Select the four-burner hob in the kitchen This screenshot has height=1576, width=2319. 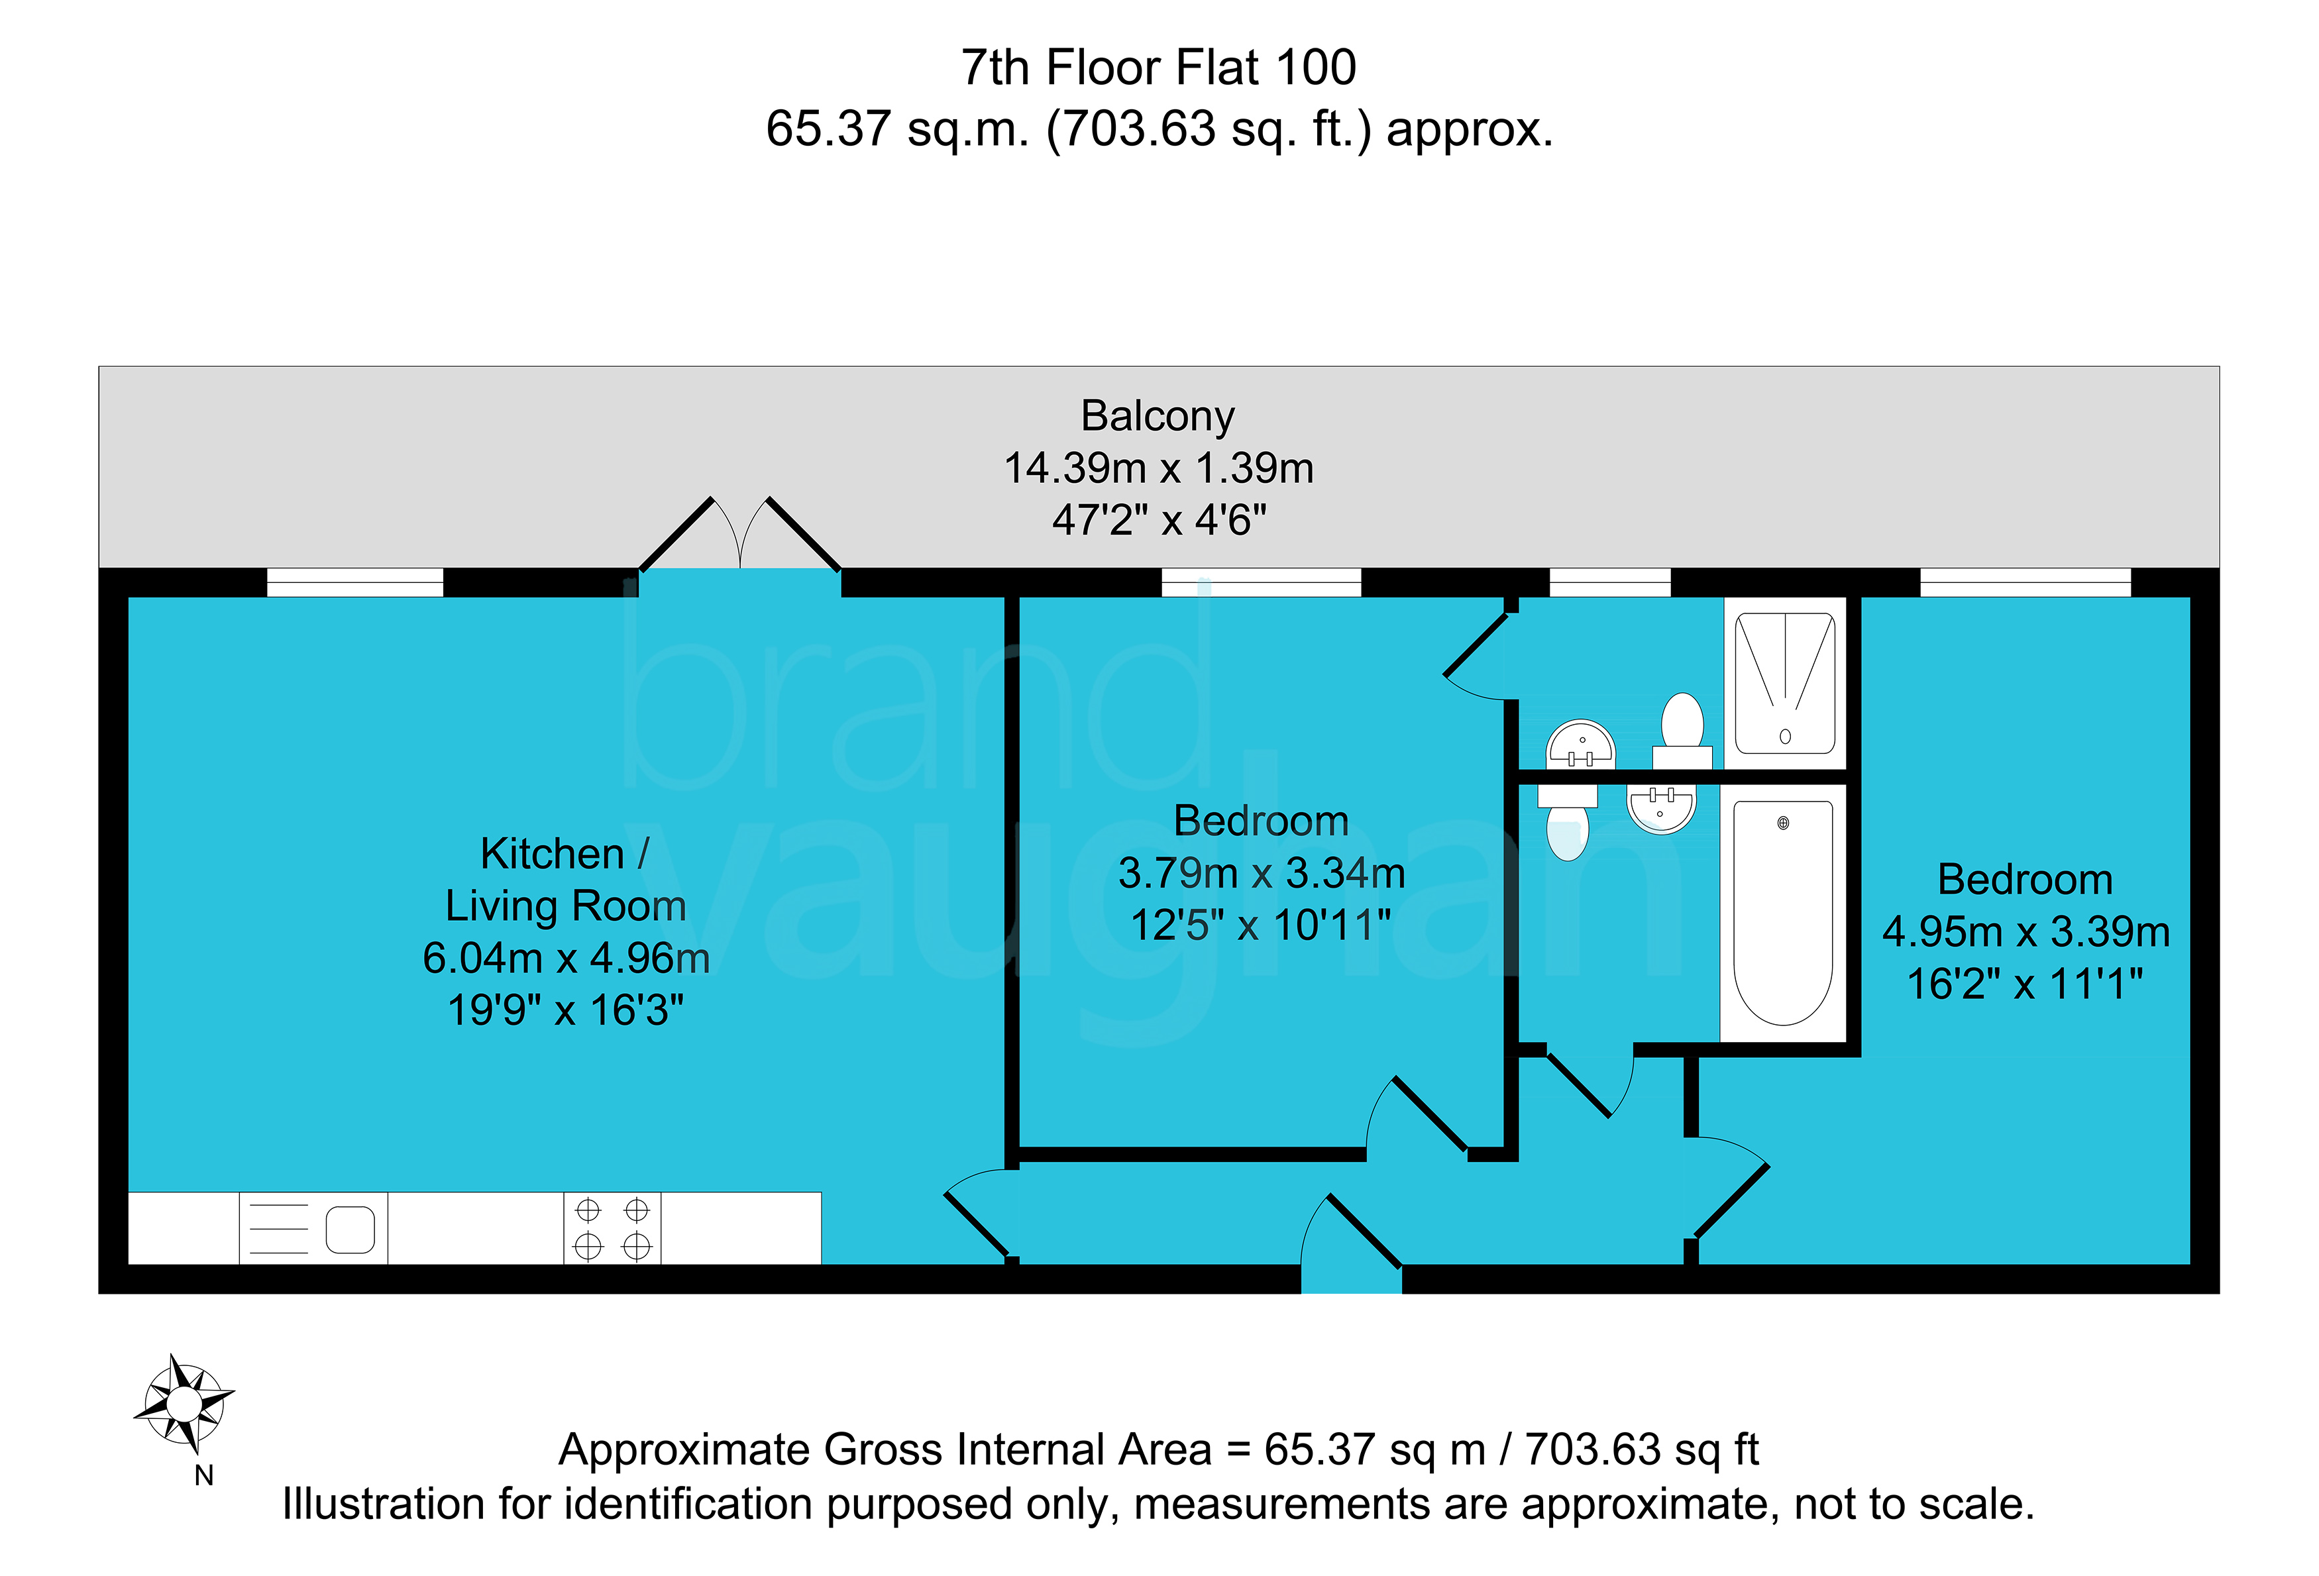click(x=612, y=1228)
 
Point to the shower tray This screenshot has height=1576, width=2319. click(x=1785, y=683)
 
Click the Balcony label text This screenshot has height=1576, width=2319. click(x=1158, y=416)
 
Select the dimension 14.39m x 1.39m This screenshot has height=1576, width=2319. click(x=1158, y=468)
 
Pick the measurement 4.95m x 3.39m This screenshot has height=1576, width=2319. click(x=2025, y=931)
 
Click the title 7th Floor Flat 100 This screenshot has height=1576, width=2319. click(x=1158, y=68)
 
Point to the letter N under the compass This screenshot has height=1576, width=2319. click(x=205, y=1475)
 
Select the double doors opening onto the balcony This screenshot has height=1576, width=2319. click(x=739, y=534)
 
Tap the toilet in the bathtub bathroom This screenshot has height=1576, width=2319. click(x=1568, y=822)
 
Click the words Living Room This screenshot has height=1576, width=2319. click(x=566, y=906)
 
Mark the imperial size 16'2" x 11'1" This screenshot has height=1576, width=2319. click(x=2025, y=984)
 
